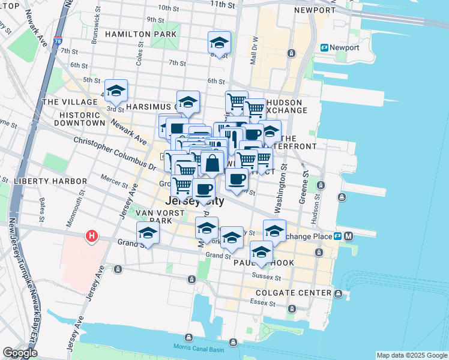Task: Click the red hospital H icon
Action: (91, 236)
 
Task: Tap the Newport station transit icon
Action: (325, 47)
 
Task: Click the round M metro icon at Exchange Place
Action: (349, 236)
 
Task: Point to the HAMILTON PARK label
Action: (140, 34)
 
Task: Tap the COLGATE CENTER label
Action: (294, 293)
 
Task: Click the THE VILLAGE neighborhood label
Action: (66, 102)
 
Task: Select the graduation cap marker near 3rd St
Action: (116, 91)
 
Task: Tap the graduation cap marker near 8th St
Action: (219, 43)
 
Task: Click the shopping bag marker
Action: (212, 163)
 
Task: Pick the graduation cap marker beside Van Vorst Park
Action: (148, 233)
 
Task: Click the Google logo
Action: (20, 353)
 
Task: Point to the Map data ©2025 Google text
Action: (411, 355)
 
